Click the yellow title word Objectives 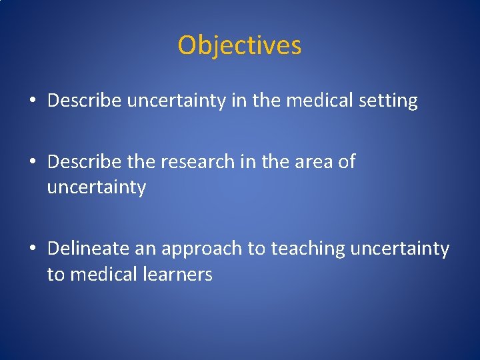(x=239, y=46)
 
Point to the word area (x=312, y=162)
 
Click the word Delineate (x=87, y=249)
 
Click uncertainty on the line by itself (x=96, y=187)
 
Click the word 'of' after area (x=347, y=162)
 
